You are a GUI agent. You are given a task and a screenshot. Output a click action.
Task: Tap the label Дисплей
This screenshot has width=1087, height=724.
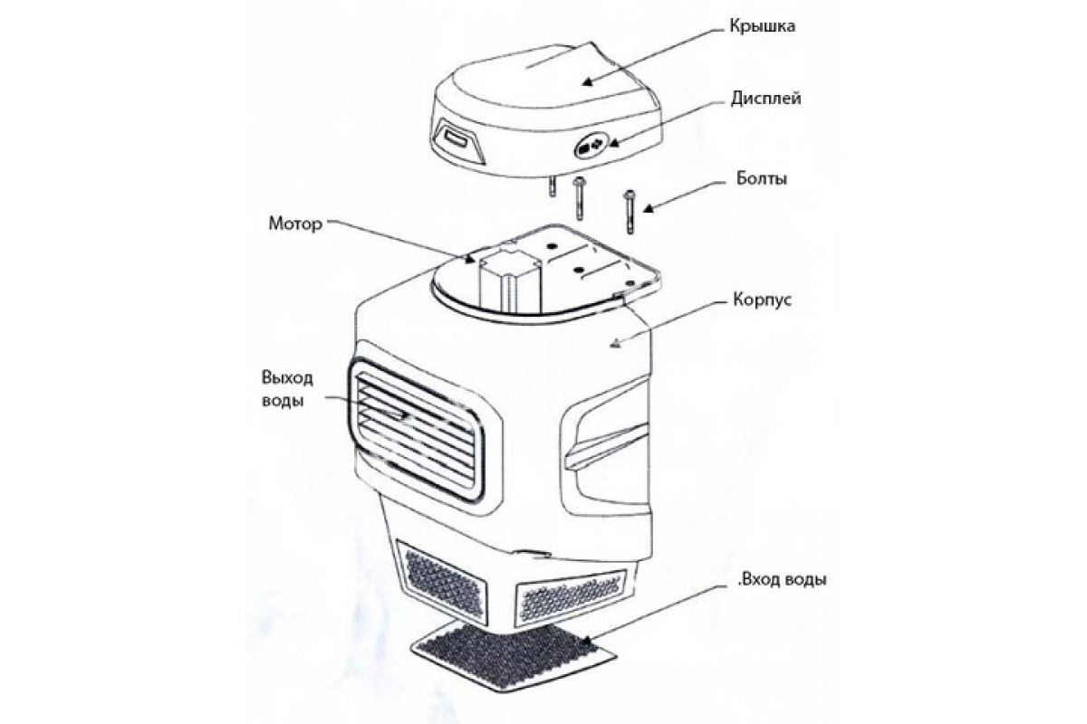(x=765, y=100)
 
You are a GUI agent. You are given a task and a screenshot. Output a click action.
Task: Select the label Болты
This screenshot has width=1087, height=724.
(x=762, y=179)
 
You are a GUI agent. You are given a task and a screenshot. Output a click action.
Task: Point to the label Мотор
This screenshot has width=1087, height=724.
(x=295, y=224)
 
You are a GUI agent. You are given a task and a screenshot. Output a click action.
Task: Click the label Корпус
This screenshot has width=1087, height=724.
(x=762, y=300)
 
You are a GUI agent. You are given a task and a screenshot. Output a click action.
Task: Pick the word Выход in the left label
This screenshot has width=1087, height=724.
(x=287, y=378)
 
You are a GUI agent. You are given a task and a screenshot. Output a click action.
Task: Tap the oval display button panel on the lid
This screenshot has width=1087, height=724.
(x=591, y=145)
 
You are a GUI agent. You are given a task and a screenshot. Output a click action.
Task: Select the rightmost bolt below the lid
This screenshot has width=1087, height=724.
(x=630, y=212)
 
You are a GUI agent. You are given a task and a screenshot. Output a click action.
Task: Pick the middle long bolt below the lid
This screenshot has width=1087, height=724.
(x=578, y=199)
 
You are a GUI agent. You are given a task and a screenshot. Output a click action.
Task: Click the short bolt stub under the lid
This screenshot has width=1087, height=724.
(x=552, y=186)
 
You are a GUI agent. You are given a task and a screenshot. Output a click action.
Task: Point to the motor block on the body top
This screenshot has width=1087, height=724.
(x=509, y=281)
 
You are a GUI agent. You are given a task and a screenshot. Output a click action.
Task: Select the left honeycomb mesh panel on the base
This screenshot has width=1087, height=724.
(x=442, y=580)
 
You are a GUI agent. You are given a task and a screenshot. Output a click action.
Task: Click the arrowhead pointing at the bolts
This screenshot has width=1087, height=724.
(x=649, y=209)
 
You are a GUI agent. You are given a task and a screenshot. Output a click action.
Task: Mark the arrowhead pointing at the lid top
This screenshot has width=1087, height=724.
(x=588, y=82)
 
